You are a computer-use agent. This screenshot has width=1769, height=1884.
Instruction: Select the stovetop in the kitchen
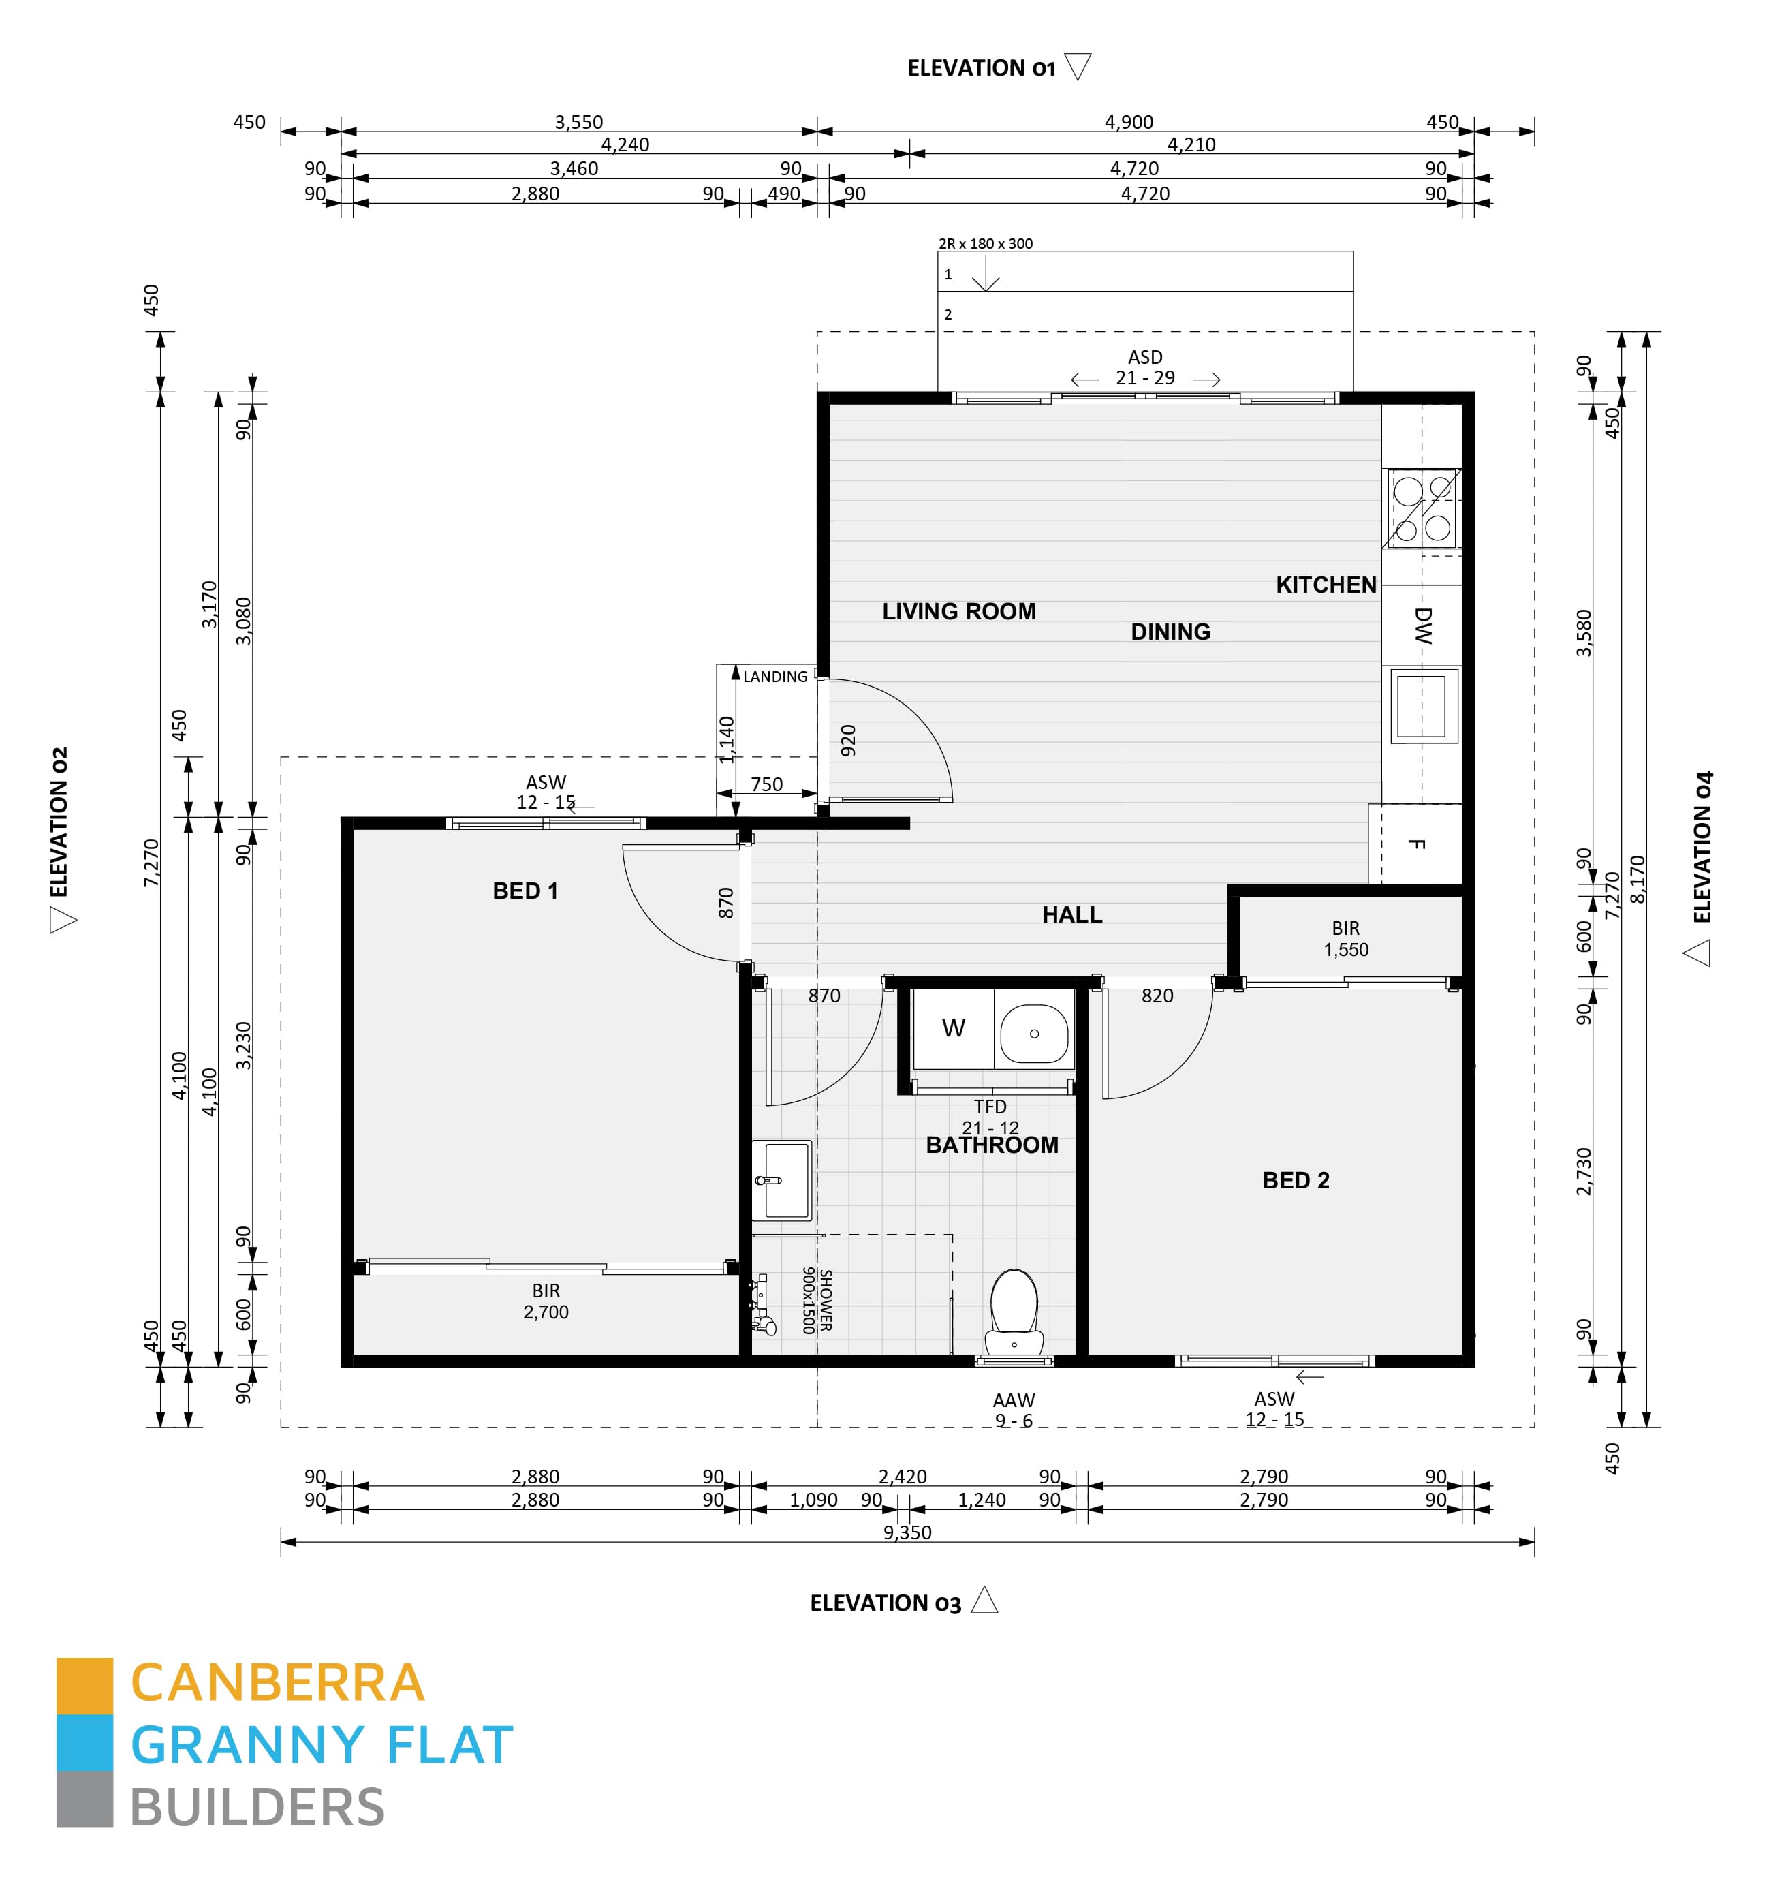click(x=1422, y=509)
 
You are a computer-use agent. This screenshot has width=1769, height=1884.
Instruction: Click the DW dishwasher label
click(x=1422, y=626)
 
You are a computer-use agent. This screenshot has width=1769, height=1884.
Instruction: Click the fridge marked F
click(x=1415, y=844)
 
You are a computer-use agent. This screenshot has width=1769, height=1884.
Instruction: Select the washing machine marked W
click(x=953, y=1028)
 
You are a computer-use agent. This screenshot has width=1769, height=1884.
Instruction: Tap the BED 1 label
click(x=525, y=891)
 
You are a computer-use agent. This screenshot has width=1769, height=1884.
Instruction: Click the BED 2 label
click(x=1294, y=1180)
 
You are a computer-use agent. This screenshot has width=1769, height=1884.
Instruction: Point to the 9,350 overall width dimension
click(x=907, y=1532)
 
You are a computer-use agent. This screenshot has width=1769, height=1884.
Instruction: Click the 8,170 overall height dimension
click(x=1638, y=878)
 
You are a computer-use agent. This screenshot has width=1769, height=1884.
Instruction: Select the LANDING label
click(x=775, y=677)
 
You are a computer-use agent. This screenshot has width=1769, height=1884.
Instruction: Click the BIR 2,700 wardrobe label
click(x=546, y=1301)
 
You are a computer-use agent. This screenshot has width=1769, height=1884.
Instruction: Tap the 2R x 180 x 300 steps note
click(x=986, y=243)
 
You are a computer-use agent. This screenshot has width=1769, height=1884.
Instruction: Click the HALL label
click(x=1071, y=914)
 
